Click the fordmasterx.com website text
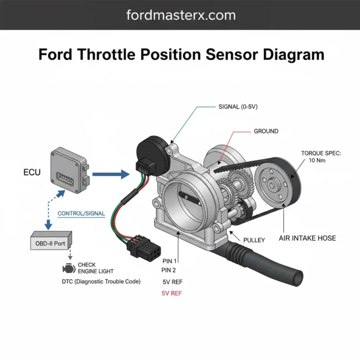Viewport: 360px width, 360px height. click(x=181, y=15)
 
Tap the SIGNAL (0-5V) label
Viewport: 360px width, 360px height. click(x=238, y=107)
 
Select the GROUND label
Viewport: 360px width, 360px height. click(x=266, y=131)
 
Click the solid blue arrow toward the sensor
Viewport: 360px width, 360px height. click(x=111, y=175)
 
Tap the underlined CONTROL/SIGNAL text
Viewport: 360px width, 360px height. click(x=81, y=213)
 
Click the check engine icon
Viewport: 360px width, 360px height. click(x=68, y=268)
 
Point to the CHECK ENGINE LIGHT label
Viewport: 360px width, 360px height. click(x=96, y=268)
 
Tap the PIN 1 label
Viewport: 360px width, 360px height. click(x=169, y=260)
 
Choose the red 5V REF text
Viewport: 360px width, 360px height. click(x=172, y=293)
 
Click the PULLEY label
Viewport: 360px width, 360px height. click(x=254, y=240)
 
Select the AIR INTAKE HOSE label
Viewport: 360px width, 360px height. click(x=307, y=238)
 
